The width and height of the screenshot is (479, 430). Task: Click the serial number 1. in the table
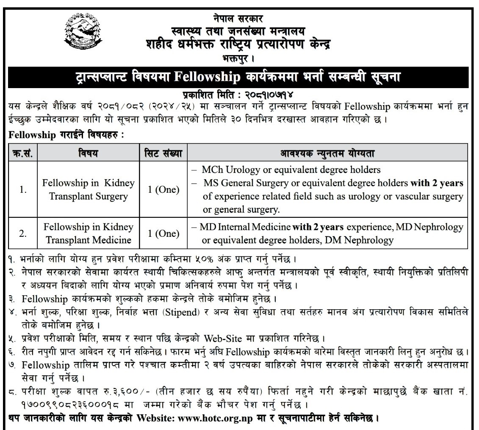point(23,190)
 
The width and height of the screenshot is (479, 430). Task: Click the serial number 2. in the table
point(23,233)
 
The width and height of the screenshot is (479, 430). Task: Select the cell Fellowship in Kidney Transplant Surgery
point(89,190)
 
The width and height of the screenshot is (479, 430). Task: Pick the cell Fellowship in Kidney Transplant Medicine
point(89,233)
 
